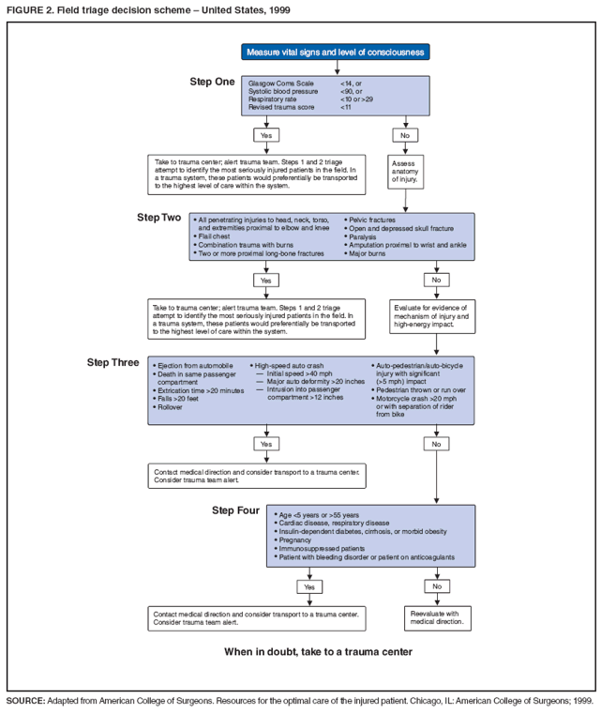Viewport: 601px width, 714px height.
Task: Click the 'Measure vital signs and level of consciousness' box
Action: tap(336, 52)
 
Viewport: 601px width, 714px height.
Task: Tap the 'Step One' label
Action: tap(212, 83)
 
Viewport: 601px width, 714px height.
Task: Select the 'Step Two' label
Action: tap(159, 218)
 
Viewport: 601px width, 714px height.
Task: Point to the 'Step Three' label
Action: tap(113, 362)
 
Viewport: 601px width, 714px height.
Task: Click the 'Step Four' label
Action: tap(237, 510)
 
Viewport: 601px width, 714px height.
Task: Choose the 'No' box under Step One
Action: tap(405, 135)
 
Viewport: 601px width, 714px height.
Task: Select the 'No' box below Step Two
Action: tap(435, 280)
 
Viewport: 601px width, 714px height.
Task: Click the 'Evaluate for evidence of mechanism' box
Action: tap(434, 316)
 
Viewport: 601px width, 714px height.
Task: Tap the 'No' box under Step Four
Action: tap(435, 586)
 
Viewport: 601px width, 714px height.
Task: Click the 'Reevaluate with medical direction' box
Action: tap(435, 617)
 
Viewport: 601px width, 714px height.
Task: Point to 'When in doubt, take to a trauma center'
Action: tap(318, 651)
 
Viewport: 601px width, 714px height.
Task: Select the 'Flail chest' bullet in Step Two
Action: tap(216, 236)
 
